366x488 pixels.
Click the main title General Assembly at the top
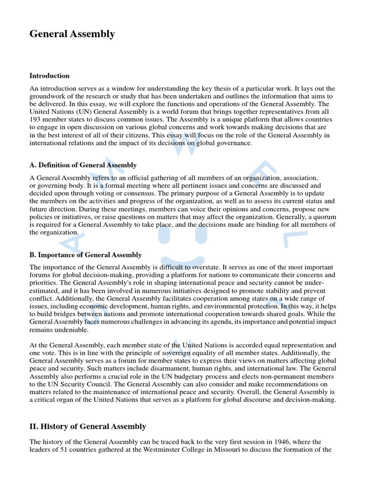72,34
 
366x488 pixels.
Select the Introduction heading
50,76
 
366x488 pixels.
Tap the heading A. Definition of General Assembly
83,165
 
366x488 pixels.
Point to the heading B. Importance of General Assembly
85,255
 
